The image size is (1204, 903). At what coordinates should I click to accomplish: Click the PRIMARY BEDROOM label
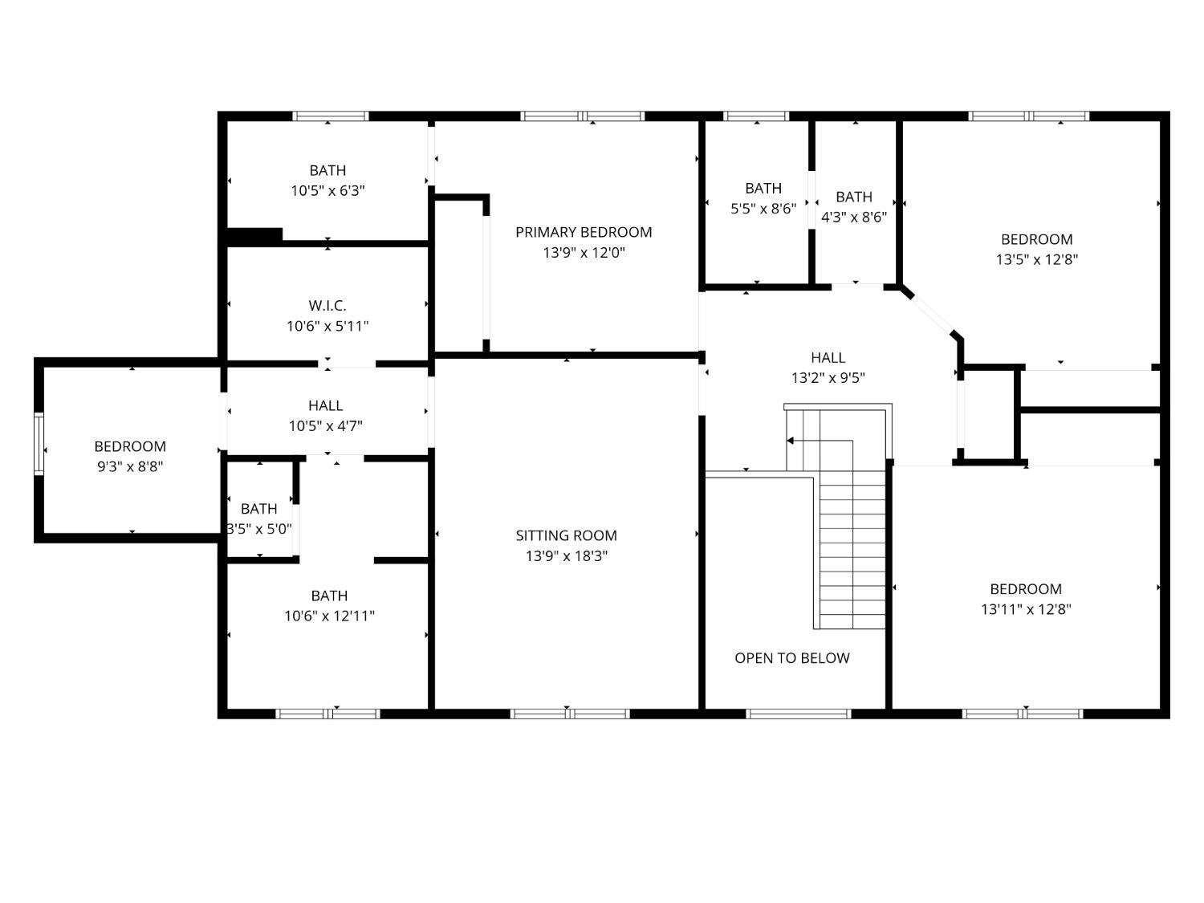[584, 233]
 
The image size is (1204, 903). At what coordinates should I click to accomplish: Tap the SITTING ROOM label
[566, 535]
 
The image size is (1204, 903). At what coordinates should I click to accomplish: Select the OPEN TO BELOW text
[792, 658]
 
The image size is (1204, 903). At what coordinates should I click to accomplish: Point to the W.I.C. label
[327, 305]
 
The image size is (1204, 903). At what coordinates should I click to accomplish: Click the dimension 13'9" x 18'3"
[567, 556]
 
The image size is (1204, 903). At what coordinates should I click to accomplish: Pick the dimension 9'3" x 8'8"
[130, 466]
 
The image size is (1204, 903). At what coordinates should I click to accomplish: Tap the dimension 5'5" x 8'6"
[763, 209]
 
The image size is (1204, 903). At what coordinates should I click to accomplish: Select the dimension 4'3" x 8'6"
[853, 217]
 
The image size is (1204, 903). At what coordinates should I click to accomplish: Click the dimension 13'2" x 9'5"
[828, 378]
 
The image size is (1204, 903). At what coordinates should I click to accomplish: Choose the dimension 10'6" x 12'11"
[329, 616]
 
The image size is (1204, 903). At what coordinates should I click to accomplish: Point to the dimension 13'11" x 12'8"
[1026, 609]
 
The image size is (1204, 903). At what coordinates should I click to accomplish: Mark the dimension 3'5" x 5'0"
[259, 529]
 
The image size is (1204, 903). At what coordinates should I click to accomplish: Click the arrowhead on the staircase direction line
[791, 440]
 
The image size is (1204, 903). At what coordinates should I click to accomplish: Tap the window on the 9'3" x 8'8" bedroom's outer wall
[39, 444]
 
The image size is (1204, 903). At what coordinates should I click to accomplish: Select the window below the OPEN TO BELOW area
[798, 714]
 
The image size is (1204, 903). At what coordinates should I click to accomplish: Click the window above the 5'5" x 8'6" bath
[756, 116]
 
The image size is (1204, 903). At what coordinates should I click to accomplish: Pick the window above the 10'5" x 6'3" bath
[330, 116]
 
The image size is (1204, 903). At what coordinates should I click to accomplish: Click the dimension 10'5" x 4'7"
[326, 426]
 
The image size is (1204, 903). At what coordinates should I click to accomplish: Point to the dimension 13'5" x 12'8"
[1037, 259]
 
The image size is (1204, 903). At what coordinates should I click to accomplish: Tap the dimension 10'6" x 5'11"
[327, 326]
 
